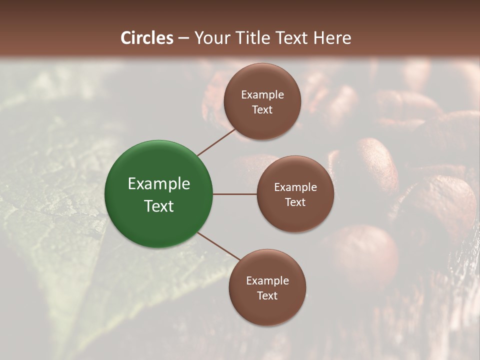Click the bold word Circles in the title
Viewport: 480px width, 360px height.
(x=147, y=38)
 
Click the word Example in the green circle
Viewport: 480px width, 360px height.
(x=159, y=184)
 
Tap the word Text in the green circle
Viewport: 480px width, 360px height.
(x=159, y=206)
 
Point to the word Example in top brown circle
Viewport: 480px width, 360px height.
(x=262, y=95)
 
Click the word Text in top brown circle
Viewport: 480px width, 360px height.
(x=262, y=110)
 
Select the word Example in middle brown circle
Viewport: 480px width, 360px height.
(x=295, y=187)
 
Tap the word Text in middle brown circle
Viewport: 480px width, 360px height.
(x=295, y=202)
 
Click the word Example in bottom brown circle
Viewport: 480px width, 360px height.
(x=267, y=281)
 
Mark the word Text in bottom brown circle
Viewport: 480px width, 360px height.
(x=267, y=296)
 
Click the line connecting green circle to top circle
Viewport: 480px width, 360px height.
(x=216, y=142)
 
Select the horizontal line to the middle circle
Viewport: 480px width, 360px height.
(x=235, y=194)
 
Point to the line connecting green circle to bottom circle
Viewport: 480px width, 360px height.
(x=217, y=246)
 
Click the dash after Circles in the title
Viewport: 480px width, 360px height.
(x=183, y=38)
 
